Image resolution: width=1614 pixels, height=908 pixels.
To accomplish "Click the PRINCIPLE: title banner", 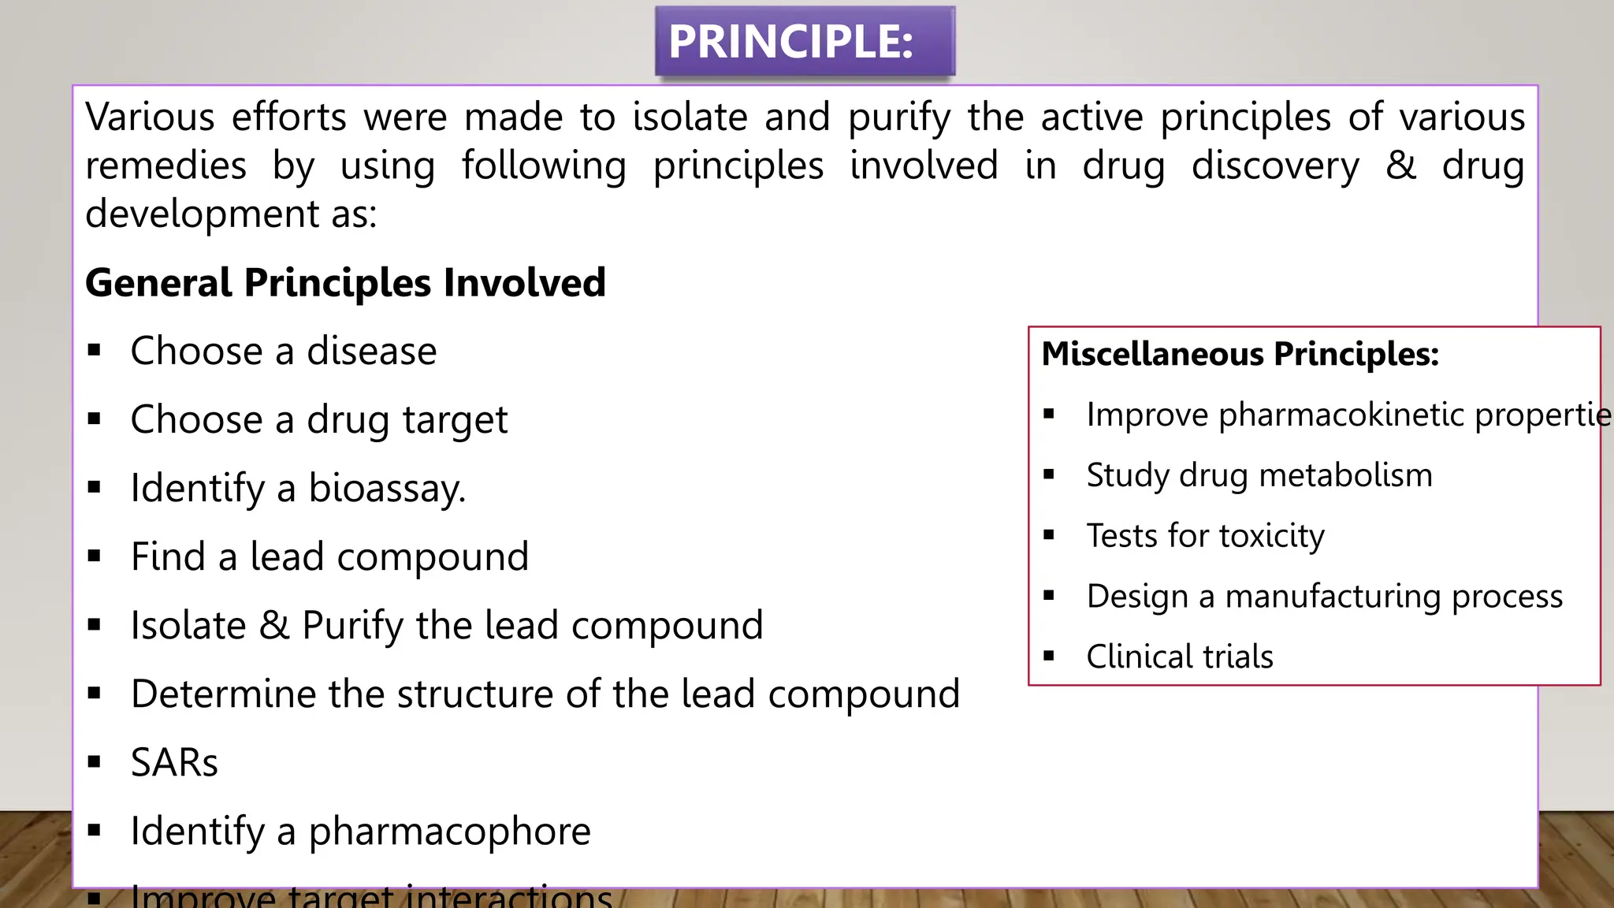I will click(805, 42).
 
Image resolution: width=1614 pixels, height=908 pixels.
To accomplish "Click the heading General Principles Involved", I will click(345, 283).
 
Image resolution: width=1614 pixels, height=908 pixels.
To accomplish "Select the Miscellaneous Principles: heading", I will click(1240, 354).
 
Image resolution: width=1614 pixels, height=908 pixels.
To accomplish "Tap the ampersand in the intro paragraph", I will click(1400, 166).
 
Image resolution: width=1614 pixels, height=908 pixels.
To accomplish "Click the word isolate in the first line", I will click(690, 117).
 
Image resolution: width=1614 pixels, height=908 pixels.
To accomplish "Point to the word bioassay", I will click(386, 489).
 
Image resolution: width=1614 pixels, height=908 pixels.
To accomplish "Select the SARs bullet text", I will click(174, 763).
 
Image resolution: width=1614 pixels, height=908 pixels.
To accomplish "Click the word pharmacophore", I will click(449, 832).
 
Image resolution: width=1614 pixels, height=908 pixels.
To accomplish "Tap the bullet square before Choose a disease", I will click(95, 351).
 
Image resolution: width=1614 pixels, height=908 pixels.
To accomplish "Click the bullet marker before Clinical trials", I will click(1048, 656).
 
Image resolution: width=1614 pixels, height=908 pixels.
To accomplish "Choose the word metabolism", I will click(1345, 475).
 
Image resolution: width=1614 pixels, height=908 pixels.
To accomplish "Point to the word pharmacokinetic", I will click(1341, 415).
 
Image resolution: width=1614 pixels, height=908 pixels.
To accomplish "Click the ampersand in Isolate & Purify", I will click(274, 626).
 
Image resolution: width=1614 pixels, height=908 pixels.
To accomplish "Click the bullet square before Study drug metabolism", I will click(1048, 474).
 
